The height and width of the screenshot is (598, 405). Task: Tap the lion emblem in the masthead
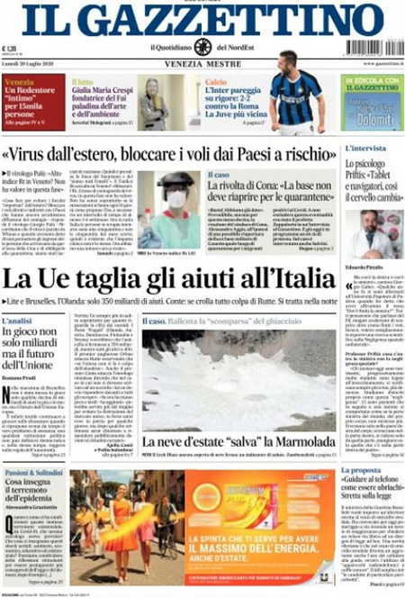pos(202,47)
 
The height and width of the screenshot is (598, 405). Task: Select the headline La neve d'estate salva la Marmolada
pos(238,441)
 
